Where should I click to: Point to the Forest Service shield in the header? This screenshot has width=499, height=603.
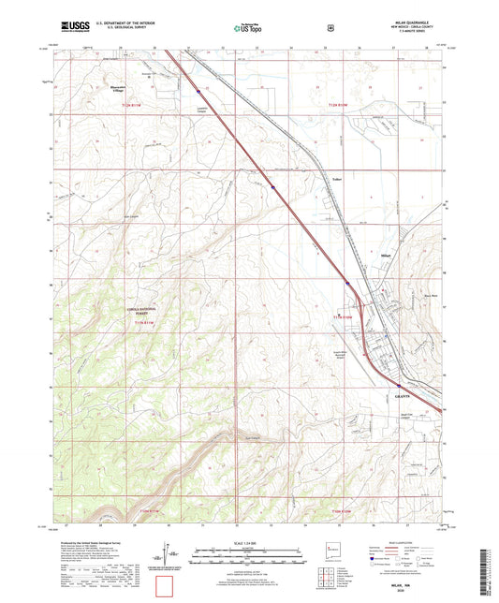tap(330, 28)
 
